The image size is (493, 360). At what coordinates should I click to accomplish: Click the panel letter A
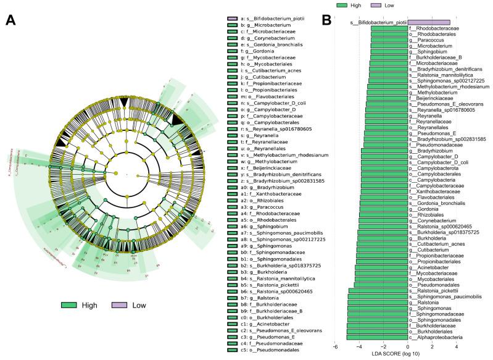(10, 20)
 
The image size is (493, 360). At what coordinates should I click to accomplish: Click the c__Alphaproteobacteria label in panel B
(437, 338)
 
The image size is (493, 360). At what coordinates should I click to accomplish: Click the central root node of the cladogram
(126, 174)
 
